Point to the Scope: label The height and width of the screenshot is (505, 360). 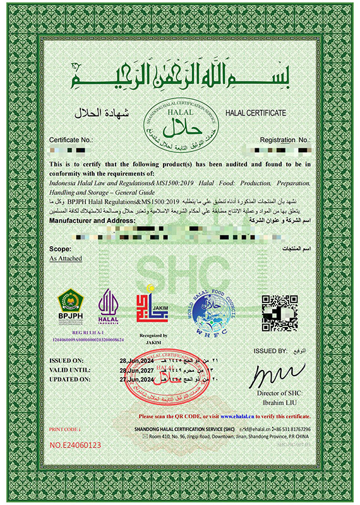[x=59, y=250]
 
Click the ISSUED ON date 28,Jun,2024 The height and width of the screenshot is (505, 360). [x=152, y=360]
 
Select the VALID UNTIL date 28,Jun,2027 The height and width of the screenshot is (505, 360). [x=152, y=371]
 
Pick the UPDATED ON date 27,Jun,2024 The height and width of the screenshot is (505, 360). [x=152, y=380]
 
